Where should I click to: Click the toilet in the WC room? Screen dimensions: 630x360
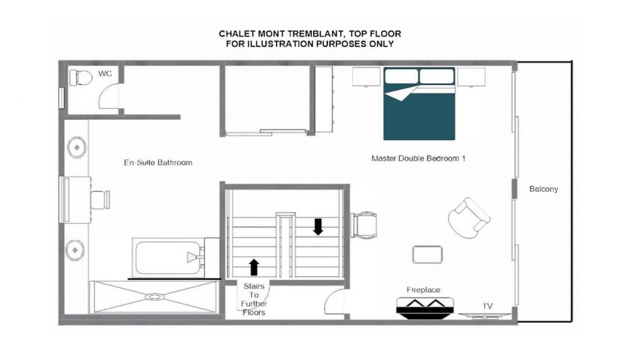pos(81,78)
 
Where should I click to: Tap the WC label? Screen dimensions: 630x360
pos(105,74)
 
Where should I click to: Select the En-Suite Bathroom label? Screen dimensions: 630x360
pos(158,163)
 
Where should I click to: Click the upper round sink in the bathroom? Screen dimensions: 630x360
pos(76,148)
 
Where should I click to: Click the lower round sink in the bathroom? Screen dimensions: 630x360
pos(75,250)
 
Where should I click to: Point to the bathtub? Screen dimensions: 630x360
pos(169,258)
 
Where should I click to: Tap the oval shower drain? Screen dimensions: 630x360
pos(154,297)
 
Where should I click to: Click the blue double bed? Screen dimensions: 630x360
pos(419,104)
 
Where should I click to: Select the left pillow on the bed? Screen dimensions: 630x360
pos(401,76)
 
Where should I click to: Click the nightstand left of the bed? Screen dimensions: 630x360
pos(366,77)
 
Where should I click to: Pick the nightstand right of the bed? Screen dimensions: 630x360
pos(471,77)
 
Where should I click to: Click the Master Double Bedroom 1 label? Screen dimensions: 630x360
pos(418,158)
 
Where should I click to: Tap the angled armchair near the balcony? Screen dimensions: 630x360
pos(469,218)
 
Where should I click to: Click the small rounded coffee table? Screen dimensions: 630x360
pos(428,255)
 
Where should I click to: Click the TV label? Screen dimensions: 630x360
pos(488,306)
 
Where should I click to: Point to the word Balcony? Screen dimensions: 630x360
pos(544,189)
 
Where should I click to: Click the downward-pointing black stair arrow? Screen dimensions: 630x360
pos(318,227)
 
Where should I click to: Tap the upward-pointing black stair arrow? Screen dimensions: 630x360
pos(254,267)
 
